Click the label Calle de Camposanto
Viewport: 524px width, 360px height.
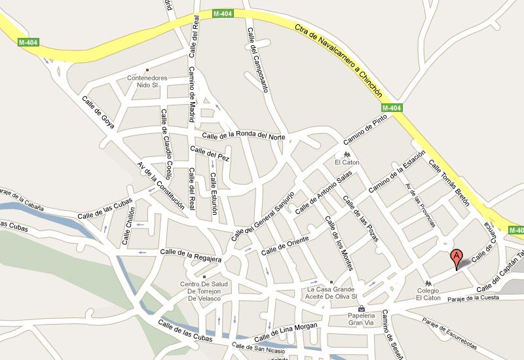pos(258,58)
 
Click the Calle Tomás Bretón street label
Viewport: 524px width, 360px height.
pos(450,183)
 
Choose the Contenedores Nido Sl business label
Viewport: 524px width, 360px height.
pos(147,81)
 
